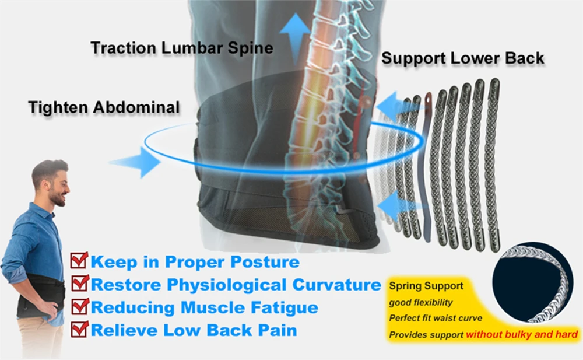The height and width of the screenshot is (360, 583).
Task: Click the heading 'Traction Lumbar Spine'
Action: click(x=181, y=47)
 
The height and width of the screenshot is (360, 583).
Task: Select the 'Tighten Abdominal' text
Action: click(x=104, y=107)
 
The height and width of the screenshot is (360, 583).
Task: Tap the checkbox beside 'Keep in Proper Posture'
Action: click(x=79, y=261)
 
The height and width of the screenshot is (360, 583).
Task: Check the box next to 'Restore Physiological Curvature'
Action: click(x=79, y=284)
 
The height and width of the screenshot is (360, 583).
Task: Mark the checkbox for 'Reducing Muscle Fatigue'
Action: click(x=79, y=306)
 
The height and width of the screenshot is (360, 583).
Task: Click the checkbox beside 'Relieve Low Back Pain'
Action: click(x=79, y=330)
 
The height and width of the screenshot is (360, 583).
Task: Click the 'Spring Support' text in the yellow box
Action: click(x=426, y=286)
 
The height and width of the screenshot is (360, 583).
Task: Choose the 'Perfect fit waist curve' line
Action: click(x=436, y=319)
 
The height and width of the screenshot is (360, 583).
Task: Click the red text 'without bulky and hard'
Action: click(x=521, y=334)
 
